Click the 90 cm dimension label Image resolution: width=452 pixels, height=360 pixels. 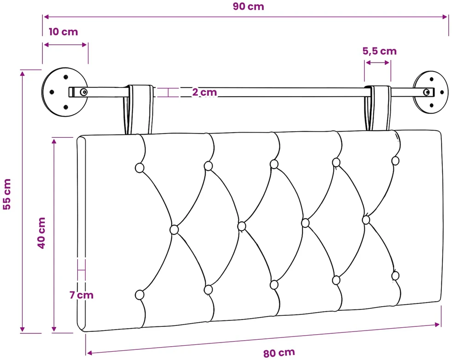pyautogui.click(x=248, y=6)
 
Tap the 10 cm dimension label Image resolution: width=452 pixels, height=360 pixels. pyautogui.click(x=63, y=32)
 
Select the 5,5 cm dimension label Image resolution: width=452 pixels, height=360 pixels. pyautogui.click(x=379, y=51)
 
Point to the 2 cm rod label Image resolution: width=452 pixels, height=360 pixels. pyautogui.click(x=204, y=92)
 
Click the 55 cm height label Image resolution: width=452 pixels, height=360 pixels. pyautogui.click(x=7, y=194)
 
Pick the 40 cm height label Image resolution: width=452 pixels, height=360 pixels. pyautogui.click(x=41, y=233)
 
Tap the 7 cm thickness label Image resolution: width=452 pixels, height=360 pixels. pyautogui.click(x=81, y=295)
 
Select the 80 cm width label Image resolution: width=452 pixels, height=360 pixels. pyautogui.click(x=279, y=353)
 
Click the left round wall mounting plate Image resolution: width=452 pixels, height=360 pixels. pyautogui.click(x=64, y=92)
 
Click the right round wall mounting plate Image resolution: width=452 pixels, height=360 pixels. pyautogui.click(x=431, y=92)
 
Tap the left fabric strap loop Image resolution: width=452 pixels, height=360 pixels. pyautogui.click(x=139, y=110)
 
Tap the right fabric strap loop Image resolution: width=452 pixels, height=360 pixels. pyautogui.click(x=378, y=108)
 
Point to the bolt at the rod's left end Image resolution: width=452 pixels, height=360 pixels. pyautogui.click(x=84, y=92)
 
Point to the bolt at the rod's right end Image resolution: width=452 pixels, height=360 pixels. pyautogui.click(x=426, y=92)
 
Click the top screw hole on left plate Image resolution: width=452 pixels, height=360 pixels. pyautogui.click(x=66, y=77)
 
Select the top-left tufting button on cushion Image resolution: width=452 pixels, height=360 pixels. pyautogui.click(x=139, y=168)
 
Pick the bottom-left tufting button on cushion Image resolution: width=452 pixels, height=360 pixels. pyautogui.click(x=139, y=295)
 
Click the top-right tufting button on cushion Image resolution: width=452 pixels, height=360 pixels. pyautogui.click(x=395, y=161)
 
